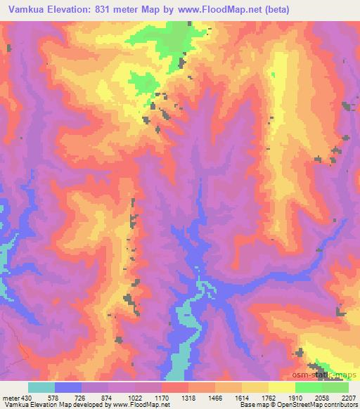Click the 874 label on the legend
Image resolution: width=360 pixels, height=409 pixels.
coord(109,397)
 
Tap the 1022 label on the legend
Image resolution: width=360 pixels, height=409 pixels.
coord(135,397)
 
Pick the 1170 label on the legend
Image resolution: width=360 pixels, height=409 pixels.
coord(162,397)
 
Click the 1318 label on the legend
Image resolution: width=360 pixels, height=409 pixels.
coord(188,397)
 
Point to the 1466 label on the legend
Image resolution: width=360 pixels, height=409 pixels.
coord(215,397)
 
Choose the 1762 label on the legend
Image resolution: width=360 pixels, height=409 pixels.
coord(269,397)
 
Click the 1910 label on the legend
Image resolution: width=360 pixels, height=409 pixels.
coord(295,397)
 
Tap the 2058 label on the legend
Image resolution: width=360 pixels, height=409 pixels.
coord(322,397)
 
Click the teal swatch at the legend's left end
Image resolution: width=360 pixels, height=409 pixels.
coord(41,387)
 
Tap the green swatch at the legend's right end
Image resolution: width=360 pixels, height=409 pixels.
coord(335,387)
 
